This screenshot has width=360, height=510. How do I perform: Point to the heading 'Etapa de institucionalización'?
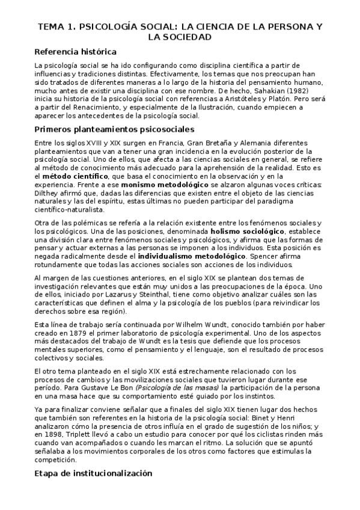94,473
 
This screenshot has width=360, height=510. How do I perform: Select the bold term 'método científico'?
73,177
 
